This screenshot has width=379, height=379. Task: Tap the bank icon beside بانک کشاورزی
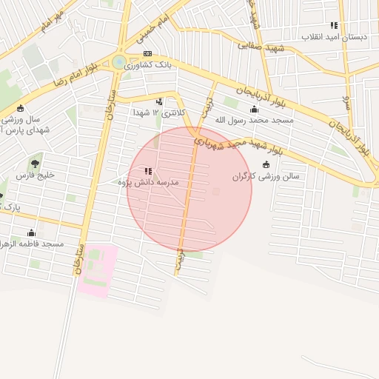click(x=147, y=54)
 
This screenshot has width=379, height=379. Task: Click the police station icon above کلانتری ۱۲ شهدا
click(x=159, y=101)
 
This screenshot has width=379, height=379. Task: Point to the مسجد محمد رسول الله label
click(x=254, y=119)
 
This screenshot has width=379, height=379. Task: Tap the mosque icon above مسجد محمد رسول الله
click(x=254, y=109)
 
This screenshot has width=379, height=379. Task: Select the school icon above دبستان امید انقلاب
click(x=334, y=25)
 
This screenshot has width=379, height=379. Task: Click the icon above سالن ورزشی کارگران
click(x=266, y=164)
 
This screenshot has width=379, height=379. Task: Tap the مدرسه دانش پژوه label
click(x=148, y=181)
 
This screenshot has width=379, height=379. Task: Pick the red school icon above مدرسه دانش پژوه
click(x=148, y=171)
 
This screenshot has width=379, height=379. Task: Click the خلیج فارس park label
click(x=36, y=176)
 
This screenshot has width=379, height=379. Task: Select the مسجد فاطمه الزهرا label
click(x=33, y=244)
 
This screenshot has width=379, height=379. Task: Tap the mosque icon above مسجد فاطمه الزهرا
click(x=32, y=232)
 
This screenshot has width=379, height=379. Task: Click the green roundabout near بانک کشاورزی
click(x=119, y=62)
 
